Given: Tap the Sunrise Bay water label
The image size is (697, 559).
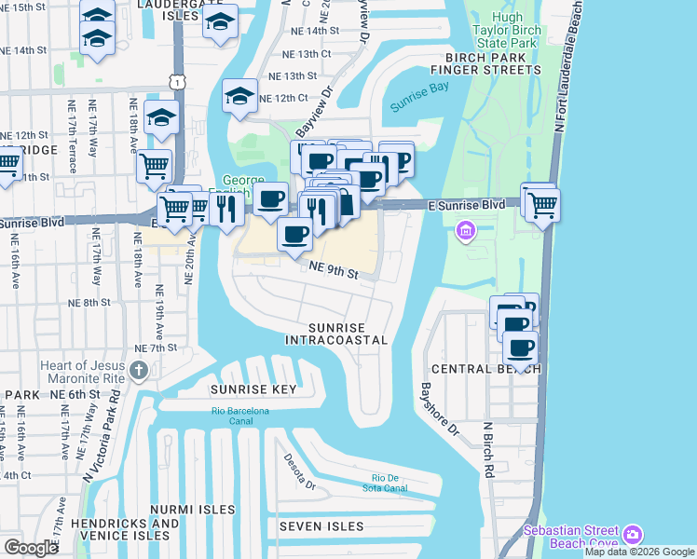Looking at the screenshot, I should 420,101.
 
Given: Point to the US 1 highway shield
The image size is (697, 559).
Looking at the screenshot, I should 175,83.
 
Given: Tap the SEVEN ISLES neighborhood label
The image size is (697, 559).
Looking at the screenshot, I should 321,526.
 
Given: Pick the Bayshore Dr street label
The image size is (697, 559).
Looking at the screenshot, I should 440,411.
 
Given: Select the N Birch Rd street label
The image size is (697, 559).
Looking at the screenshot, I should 486,450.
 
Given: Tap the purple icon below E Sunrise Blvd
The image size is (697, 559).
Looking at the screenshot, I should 463,229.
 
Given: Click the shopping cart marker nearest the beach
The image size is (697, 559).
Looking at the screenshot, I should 542,202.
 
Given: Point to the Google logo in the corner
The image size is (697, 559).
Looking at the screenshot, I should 31,548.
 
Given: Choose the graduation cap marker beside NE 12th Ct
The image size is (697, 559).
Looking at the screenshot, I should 239,96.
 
